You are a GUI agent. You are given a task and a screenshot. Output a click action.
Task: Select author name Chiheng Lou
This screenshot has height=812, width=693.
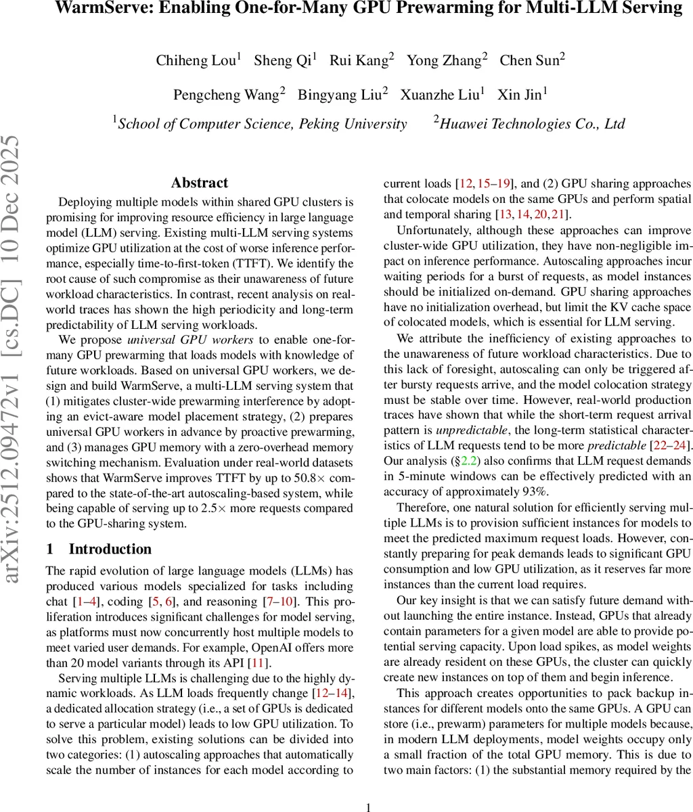point(196,60)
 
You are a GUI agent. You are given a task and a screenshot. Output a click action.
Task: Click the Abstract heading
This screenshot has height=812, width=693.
point(200,183)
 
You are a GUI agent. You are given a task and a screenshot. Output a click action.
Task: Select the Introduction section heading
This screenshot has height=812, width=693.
point(110,549)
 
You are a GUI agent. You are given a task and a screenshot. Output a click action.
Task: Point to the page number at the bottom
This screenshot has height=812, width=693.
point(369,807)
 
